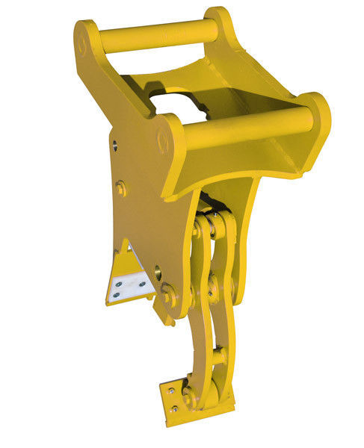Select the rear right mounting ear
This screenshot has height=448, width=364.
point(219,22)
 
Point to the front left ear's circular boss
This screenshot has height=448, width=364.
point(164,139)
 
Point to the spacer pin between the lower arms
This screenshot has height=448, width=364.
point(219,357)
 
